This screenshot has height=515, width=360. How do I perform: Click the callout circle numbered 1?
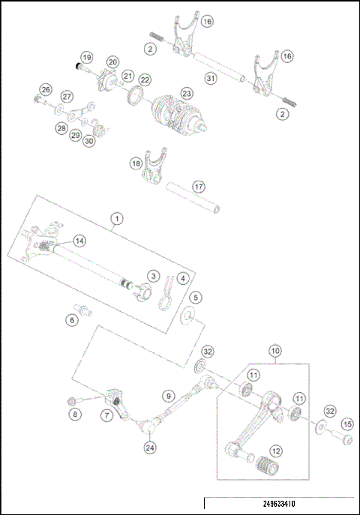pos(115,219)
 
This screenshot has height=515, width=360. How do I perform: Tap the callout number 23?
pos(186,93)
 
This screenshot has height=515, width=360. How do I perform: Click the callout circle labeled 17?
pos(199,186)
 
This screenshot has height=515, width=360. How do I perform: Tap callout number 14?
pos(79,241)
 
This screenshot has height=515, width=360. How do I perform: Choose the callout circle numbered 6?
pos(73,319)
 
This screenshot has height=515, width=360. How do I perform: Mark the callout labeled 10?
pos(275,350)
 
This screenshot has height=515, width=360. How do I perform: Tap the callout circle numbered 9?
pos(169,395)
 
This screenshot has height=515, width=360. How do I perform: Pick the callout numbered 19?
pos(87,58)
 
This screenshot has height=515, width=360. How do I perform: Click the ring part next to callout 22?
pos(136,94)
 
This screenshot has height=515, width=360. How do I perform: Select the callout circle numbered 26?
pos(46,90)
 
